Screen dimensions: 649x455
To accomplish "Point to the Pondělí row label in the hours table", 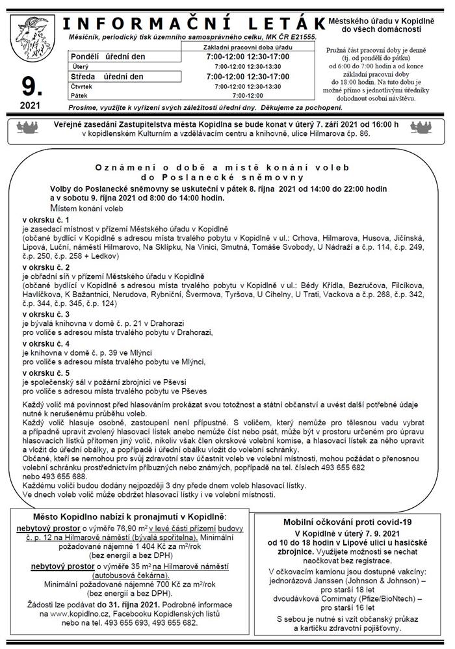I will pyautogui.click(x=86, y=57).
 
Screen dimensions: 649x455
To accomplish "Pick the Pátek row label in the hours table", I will pyautogui.click(x=81, y=95).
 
